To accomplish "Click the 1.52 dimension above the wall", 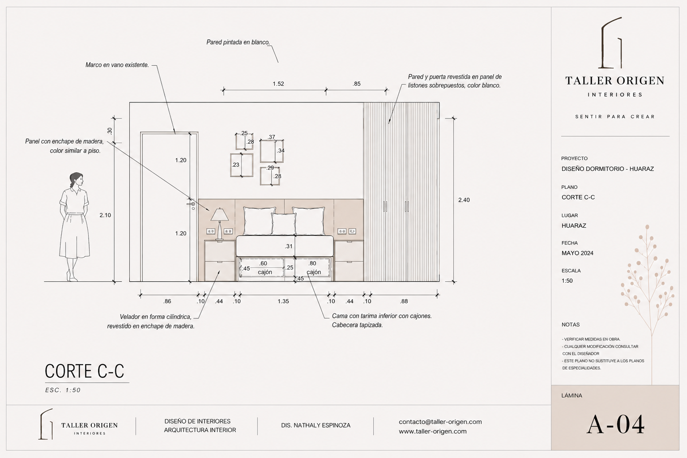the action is click(278, 84).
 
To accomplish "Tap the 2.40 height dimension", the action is click(464, 200).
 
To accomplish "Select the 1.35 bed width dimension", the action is click(283, 301).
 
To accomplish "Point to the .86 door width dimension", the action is click(167, 301).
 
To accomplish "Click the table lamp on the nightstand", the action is click(220, 224).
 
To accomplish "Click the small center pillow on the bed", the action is click(284, 224).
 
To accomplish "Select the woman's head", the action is click(77, 179).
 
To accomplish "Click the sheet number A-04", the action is click(615, 424).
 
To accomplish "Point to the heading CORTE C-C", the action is click(84, 371).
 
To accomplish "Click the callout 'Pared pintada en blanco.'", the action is click(238, 42).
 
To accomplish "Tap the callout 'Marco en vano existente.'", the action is click(117, 65).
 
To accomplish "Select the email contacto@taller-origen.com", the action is click(440, 422).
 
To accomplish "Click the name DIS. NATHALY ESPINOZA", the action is click(316, 425).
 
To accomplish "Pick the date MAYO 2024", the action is click(577, 253).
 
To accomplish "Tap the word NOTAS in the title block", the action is click(571, 325).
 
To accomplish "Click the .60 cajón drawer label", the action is click(265, 267).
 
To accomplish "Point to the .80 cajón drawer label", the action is click(313, 267).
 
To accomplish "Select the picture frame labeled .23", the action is click(242, 165).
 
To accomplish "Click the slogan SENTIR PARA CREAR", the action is click(615, 117).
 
